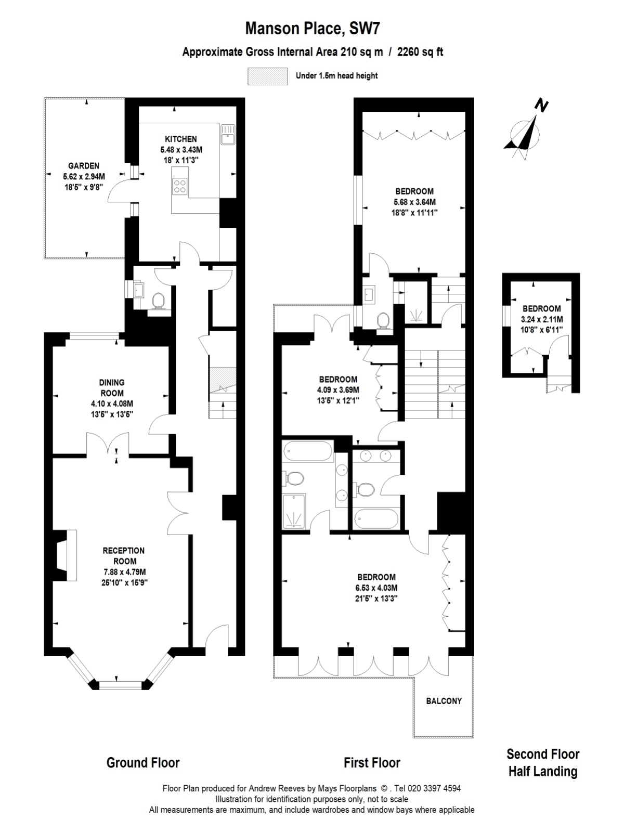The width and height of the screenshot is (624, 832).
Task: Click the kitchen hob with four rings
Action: click(180, 186)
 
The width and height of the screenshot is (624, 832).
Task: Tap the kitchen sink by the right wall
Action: click(227, 134)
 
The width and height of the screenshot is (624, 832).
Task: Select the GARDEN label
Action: click(84, 166)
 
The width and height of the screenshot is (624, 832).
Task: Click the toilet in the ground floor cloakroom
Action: click(159, 301)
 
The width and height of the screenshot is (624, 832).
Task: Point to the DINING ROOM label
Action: click(112, 388)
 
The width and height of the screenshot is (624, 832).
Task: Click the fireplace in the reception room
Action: click(65, 555)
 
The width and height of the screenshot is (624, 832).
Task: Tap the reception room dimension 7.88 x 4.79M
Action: click(124, 572)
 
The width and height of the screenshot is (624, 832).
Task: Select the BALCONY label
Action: click(444, 701)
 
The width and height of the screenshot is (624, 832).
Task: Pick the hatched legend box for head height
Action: click(267, 76)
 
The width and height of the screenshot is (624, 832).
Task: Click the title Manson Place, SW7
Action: click(313, 29)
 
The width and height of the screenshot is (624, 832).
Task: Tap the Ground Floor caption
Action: click(143, 763)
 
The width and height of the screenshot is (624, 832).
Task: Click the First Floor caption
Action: click(372, 763)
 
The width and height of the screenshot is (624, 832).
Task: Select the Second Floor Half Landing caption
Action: click(543, 763)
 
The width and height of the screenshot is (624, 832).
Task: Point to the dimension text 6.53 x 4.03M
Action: click(376, 588)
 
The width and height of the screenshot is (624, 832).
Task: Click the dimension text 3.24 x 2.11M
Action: click(542, 319)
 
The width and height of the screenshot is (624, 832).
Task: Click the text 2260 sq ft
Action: click(420, 52)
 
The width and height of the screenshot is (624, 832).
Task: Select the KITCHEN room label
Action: click(181, 139)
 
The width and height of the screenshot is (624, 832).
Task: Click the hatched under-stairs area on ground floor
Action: click(223, 380)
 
